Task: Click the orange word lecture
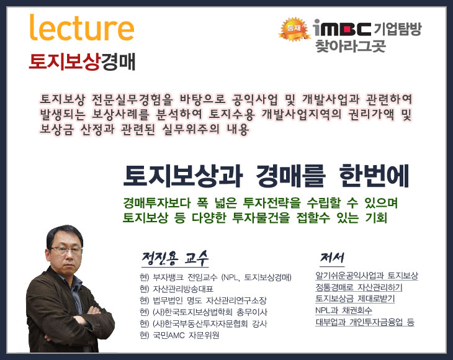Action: (82, 27)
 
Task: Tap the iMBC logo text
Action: (342, 28)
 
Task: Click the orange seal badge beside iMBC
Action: (294, 29)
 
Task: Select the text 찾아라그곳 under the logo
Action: (350, 46)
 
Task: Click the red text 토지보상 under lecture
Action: (65, 61)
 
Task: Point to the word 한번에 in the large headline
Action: (374, 176)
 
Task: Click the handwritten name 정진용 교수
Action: (175, 258)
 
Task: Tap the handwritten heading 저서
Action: (332, 258)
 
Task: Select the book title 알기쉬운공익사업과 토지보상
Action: (367, 276)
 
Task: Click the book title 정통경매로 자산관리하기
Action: (359, 287)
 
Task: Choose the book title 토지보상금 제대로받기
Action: (355, 299)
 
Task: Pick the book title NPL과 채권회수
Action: (344, 310)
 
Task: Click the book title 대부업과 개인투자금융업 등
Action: (365, 322)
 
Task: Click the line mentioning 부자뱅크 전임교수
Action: (215, 277)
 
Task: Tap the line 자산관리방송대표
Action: (176, 289)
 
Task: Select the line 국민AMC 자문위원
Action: (179, 335)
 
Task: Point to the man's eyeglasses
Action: (66, 250)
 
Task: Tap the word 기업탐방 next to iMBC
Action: (398, 29)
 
